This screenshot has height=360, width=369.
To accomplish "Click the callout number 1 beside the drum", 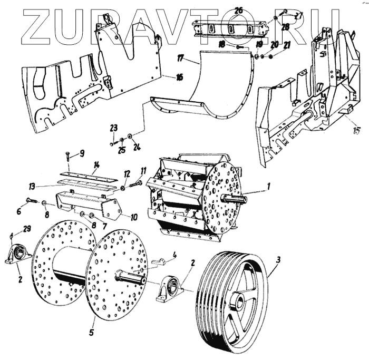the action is point(268,186).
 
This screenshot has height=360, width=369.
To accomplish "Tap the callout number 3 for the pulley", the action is point(278,259).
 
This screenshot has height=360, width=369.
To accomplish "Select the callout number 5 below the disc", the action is point(91,332).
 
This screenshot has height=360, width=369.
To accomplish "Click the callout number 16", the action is point(180,77).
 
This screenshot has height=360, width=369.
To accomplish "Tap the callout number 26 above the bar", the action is point(238,11).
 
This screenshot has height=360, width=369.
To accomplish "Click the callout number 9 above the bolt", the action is point(82,153).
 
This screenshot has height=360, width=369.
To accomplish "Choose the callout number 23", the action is point(112,127).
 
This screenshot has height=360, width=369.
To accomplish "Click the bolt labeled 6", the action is point(31,201).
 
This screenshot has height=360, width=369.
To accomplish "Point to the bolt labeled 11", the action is point(135,183).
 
